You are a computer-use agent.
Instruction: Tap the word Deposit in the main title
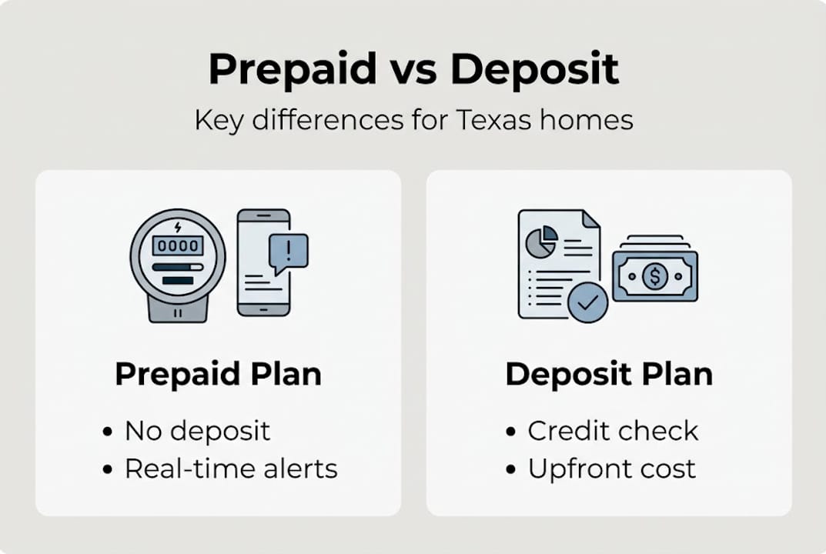coord(534,69)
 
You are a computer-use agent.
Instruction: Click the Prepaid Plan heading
coord(218,375)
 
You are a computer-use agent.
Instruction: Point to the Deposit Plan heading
coord(609,375)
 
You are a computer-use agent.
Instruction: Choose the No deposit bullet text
coord(198,431)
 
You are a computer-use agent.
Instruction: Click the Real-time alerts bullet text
coord(231,469)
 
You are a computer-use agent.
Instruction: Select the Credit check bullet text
coord(613,431)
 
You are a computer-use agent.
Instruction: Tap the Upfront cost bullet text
coord(611,469)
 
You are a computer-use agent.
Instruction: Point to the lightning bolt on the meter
coord(178,227)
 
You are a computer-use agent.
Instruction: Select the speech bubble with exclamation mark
coord(289,252)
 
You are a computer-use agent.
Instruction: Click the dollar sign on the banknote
coord(654,275)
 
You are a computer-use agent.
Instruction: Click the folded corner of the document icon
coord(590,220)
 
